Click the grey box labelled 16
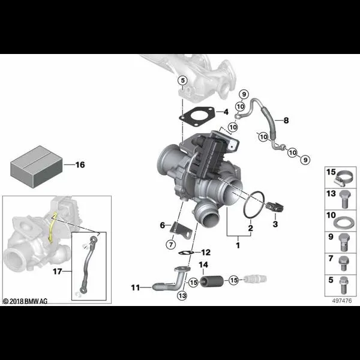pos(37,167)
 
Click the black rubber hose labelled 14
pos(212,281)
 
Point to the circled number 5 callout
pos(182,80)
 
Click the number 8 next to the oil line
pos(286,120)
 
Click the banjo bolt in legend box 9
pos(344,243)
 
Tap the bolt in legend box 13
pos(344,199)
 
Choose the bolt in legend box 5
pos(343,285)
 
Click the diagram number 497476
pos(342,301)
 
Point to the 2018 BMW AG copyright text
pos(25,301)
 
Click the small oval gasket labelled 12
pos(186,253)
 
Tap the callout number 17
pos(58,271)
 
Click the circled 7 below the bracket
pos(171,245)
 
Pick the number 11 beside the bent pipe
pos(135,287)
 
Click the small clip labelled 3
pos(275,206)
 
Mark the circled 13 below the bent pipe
pos(182,295)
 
